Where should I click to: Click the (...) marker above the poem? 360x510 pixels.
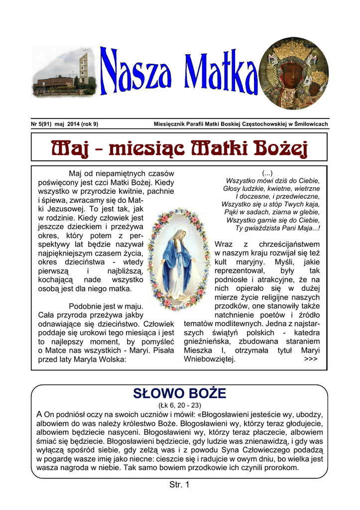(x=268, y=172)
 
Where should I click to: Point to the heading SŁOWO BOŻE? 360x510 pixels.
(x=180, y=394)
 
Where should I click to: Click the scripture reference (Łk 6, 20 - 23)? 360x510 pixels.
(x=180, y=405)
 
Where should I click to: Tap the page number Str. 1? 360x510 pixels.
(x=180, y=485)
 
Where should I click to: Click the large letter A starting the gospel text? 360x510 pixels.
(x=40, y=414)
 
